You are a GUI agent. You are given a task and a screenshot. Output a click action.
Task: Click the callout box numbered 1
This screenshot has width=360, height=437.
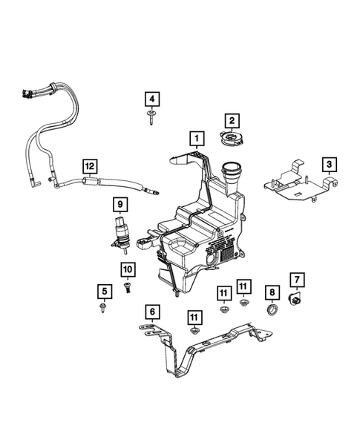[196, 137]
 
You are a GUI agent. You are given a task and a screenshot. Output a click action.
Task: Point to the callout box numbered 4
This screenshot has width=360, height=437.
[151, 99]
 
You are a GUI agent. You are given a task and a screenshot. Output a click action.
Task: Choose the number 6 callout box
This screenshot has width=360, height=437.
[151, 312]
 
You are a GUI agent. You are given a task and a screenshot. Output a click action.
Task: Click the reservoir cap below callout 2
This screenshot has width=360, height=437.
[232, 139]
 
